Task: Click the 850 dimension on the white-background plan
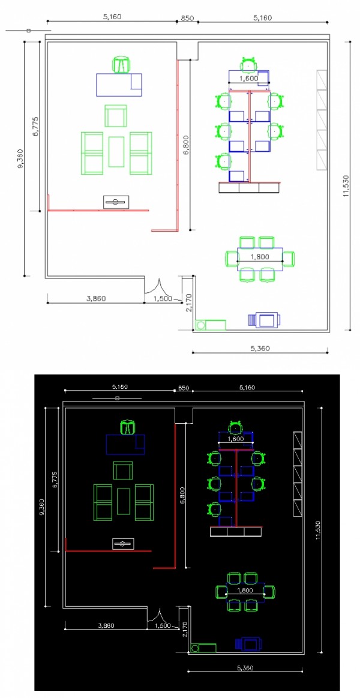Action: (187, 18)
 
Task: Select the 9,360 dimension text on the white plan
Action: (20, 158)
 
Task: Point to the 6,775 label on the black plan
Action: (55, 480)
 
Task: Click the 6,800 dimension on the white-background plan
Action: (186, 144)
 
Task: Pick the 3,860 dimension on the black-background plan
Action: (106, 625)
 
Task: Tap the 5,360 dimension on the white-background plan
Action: (260, 349)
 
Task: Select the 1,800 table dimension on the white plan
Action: (260, 257)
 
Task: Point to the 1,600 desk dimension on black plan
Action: (235, 439)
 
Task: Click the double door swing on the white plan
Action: (158, 287)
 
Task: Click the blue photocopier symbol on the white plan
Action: (265, 320)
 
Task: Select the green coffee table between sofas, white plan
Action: (116, 152)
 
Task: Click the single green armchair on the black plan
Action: (123, 471)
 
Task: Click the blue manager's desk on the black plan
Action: (125, 445)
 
